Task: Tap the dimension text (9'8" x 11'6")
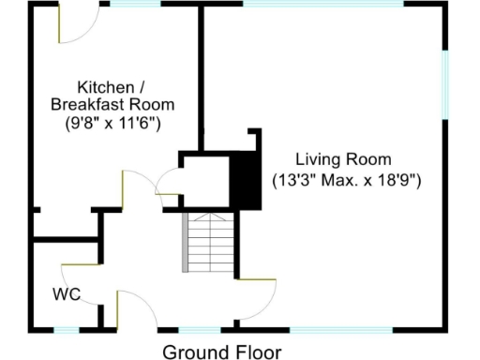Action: coord(113,122)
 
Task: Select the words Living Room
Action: coord(343,158)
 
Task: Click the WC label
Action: coord(66,293)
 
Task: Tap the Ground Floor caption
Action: coord(221,352)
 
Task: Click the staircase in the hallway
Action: coord(207,242)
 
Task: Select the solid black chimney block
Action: coord(246,177)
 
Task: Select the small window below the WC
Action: coord(67,328)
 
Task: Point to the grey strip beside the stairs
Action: coord(185,242)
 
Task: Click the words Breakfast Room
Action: coord(112,103)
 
